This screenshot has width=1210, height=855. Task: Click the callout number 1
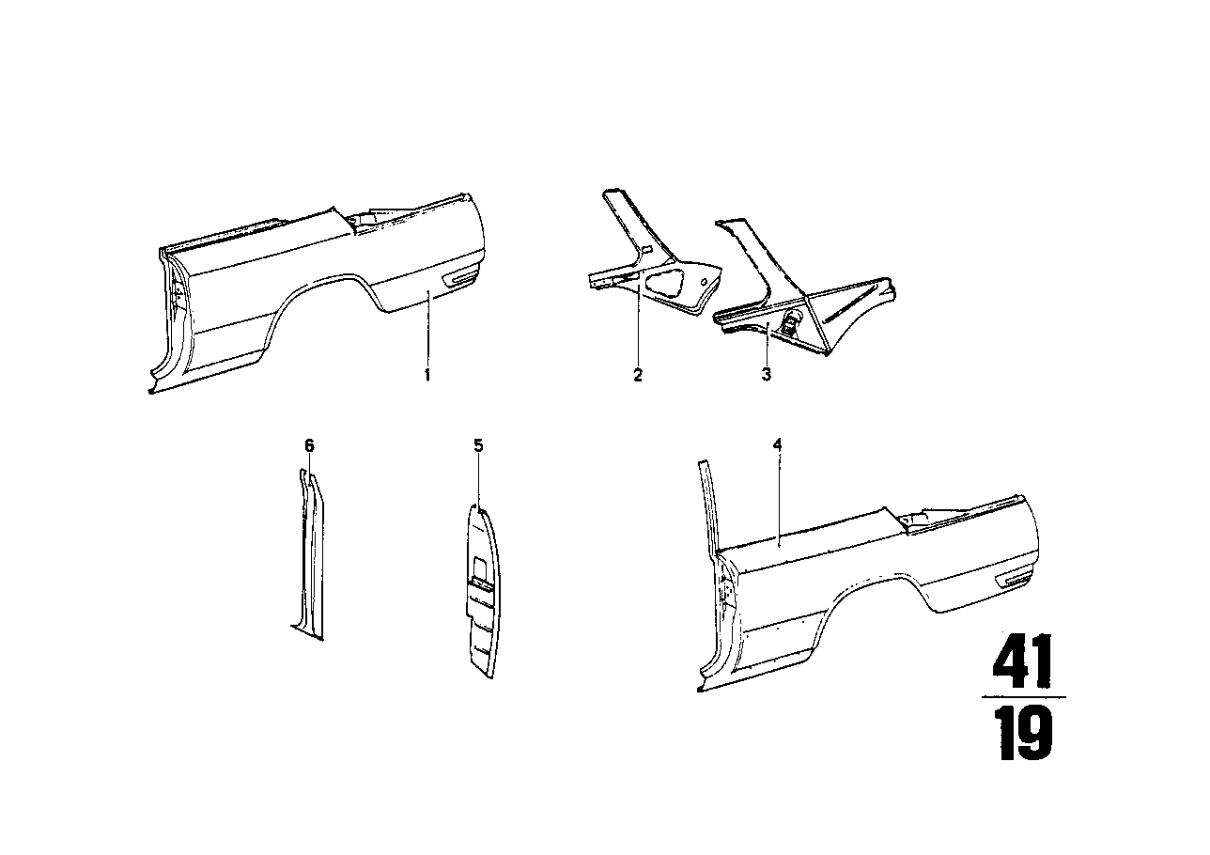(x=427, y=375)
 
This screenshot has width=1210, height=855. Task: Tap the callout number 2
(x=638, y=375)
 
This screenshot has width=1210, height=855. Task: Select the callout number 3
(x=766, y=374)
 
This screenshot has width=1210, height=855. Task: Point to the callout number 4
(x=777, y=445)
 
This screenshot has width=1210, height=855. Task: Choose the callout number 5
(x=478, y=445)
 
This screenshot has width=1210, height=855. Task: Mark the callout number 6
(x=309, y=445)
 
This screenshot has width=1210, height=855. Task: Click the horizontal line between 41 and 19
(x=1023, y=697)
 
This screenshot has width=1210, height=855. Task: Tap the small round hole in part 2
(x=704, y=282)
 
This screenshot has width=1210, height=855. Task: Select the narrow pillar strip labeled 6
(x=311, y=554)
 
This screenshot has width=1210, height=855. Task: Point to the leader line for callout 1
(x=427, y=330)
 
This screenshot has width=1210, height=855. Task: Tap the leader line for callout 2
(x=638, y=325)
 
